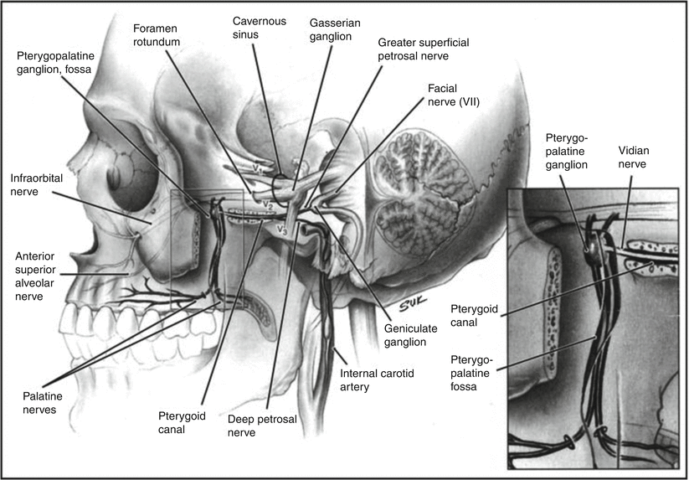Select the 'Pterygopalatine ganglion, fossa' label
tap(64, 61)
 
